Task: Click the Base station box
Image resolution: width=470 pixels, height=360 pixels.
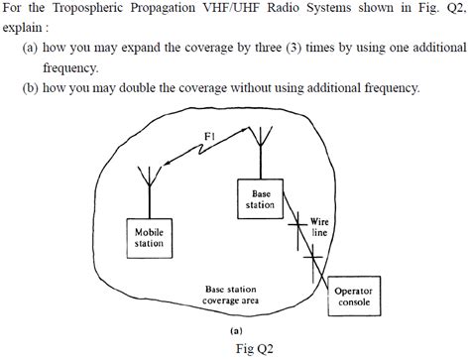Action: click(260, 198)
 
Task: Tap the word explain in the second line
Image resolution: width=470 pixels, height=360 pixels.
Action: click(24, 29)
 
